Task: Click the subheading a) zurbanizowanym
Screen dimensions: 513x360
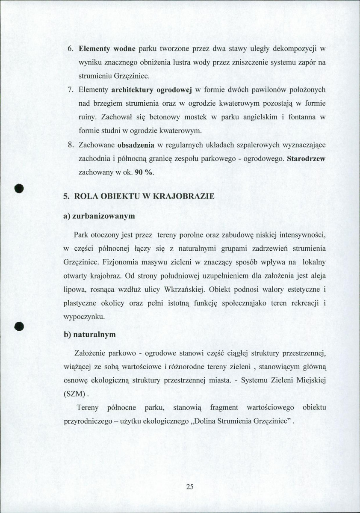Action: coord(99,216)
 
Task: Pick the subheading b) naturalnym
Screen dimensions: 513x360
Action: coord(90,335)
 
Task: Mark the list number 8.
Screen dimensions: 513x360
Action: coord(71,145)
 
